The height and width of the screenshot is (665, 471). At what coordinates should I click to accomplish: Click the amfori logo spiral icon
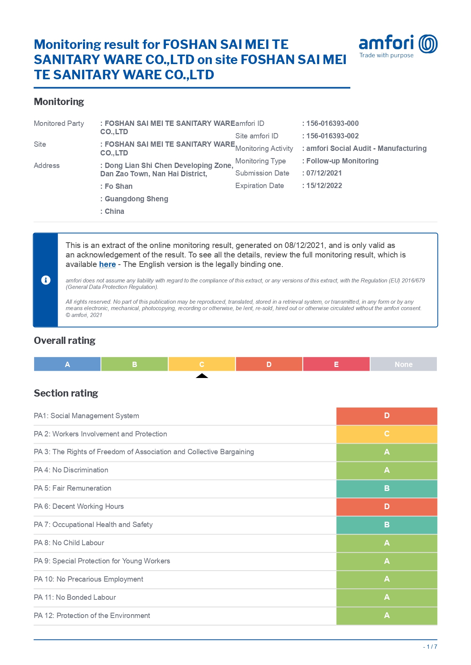428,44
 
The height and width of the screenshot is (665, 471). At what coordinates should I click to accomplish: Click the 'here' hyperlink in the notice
107,264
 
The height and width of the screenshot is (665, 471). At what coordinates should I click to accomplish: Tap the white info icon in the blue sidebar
46,280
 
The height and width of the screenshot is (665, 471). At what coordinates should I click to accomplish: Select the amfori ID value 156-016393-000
332,123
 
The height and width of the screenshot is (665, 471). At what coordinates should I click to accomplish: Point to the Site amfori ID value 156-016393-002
332,136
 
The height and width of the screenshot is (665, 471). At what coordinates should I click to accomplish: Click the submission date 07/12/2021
324,173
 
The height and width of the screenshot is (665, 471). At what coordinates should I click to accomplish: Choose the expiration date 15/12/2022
324,185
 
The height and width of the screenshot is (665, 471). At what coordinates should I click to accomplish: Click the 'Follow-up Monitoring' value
342,161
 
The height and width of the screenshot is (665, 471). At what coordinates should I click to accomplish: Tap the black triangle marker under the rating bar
202,376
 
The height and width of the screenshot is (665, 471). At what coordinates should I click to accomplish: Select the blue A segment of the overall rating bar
67,364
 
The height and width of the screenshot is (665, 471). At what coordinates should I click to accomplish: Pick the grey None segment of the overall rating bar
403,364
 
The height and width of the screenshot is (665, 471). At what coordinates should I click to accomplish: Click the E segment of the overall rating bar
336,364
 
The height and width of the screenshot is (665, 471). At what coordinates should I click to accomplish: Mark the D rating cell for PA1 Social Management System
387,416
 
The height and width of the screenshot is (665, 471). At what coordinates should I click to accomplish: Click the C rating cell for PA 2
387,434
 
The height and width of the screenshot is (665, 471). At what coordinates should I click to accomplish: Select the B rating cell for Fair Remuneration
387,488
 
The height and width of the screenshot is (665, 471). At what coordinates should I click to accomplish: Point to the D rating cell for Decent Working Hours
387,507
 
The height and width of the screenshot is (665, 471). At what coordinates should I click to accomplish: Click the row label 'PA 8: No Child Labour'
69,543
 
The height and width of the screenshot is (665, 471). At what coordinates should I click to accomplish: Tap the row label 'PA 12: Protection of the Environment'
92,615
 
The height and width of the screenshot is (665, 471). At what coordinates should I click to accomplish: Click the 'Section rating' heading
66,393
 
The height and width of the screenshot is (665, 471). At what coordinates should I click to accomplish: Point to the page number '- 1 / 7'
430,647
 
